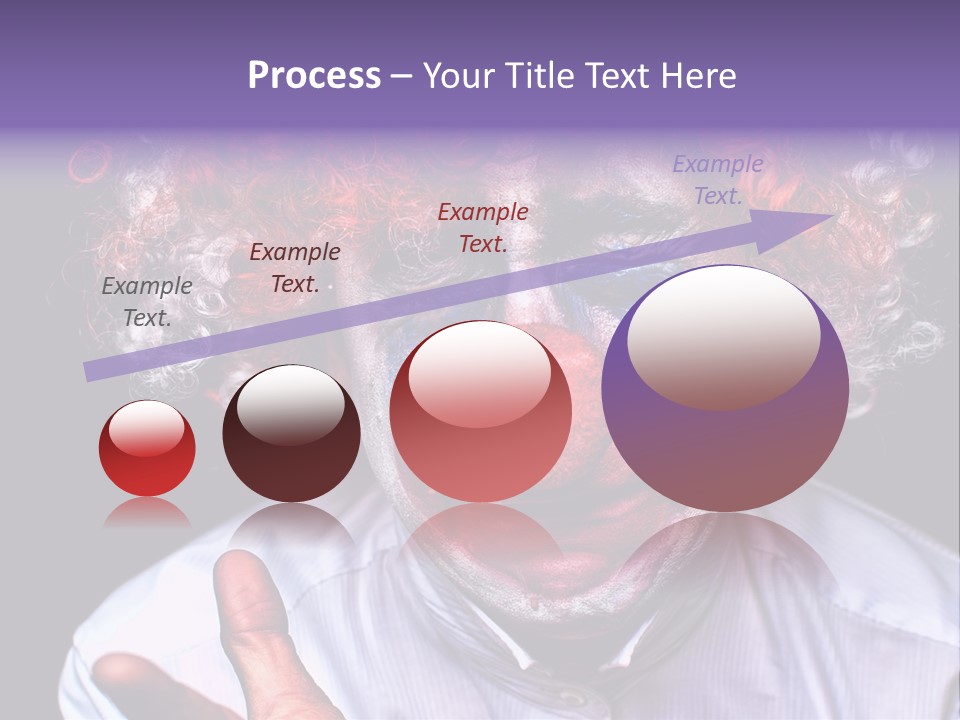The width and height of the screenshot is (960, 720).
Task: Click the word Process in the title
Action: click(x=314, y=76)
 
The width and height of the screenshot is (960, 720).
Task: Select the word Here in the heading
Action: click(x=696, y=76)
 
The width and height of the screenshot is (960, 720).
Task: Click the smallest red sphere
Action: click(x=147, y=449)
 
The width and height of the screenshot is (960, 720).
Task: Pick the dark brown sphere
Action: click(x=291, y=433)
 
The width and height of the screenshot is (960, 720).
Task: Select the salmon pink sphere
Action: click(x=480, y=411)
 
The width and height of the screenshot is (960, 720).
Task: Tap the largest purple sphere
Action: click(x=725, y=390)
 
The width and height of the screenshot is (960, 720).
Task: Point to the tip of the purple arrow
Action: click(x=830, y=216)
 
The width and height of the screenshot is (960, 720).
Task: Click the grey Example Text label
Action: click(x=147, y=302)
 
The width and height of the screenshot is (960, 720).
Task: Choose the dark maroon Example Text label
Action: click(x=294, y=268)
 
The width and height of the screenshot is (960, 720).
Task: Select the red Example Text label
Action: click(x=483, y=227)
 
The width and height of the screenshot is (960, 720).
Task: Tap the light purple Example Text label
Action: click(x=717, y=180)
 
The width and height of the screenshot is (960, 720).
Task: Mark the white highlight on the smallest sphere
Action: click(x=146, y=428)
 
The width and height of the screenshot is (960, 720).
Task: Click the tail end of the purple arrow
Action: click(x=90, y=372)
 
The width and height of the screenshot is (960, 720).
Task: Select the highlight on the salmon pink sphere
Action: click(x=479, y=375)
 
